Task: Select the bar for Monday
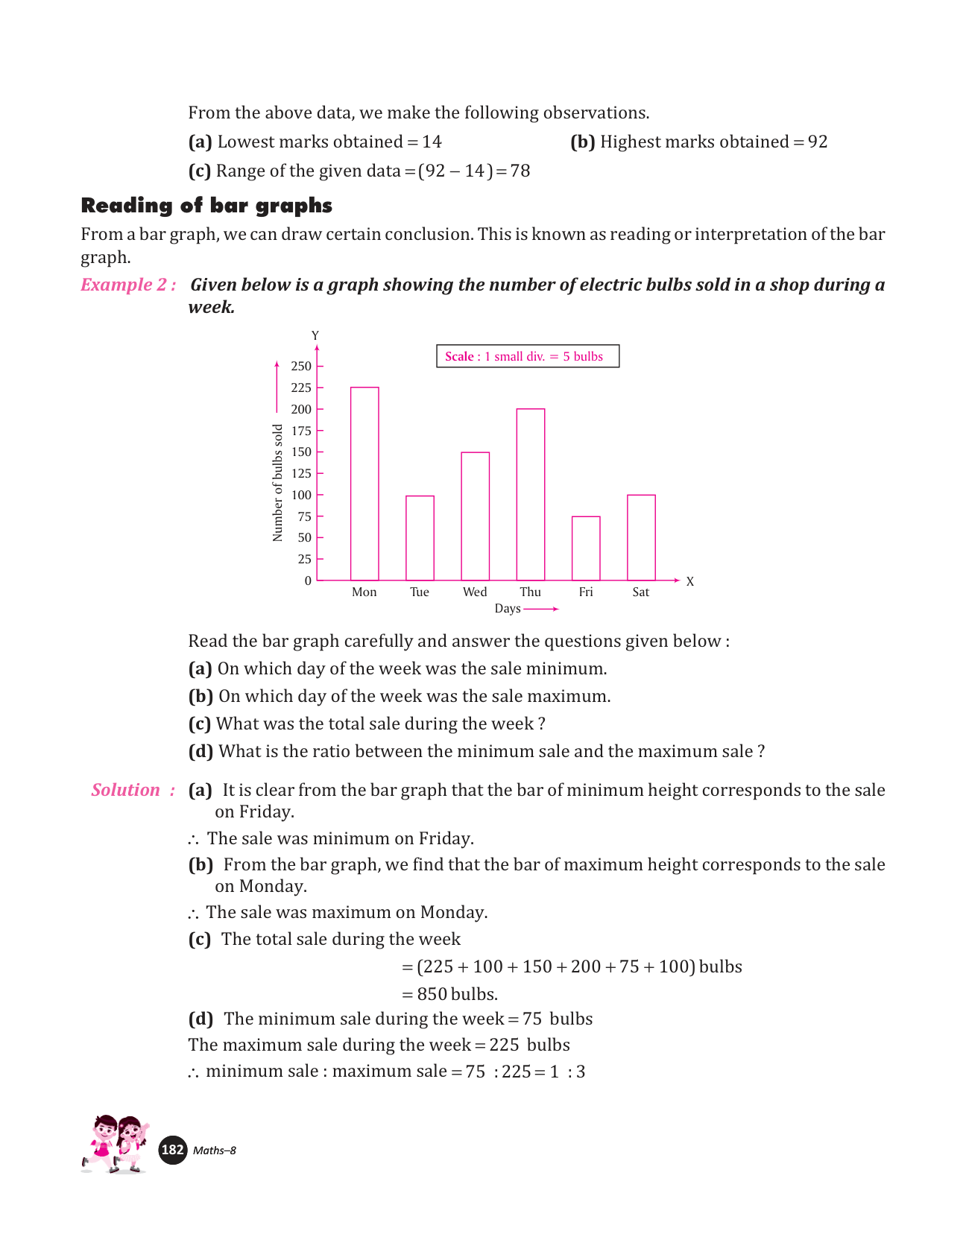[364, 484]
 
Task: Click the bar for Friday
[586, 548]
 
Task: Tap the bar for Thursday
[531, 495]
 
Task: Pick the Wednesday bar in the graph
[476, 516]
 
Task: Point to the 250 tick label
[301, 366]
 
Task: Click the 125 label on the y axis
[301, 473]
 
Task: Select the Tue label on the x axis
[420, 592]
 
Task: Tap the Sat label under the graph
[641, 592]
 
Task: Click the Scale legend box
[528, 356]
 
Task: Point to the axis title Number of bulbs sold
[278, 483]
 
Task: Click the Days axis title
[508, 609]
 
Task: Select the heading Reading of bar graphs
[206, 206]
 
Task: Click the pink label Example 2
[128, 285]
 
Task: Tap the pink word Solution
[126, 790]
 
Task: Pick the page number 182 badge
[173, 1150]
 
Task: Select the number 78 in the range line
[520, 171]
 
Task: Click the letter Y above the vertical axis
[315, 336]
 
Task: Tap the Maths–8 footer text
[215, 1151]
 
